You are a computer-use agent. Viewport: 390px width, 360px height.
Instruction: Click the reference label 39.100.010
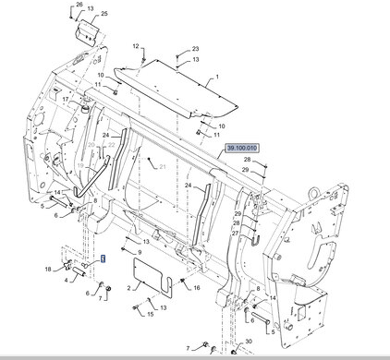pyautogui.click(x=241, y=149)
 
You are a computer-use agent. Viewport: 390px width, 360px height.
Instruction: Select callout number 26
pyautogui.click(x=79, y=5)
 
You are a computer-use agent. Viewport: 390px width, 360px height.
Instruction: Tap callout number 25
pyautogui.click(x=104, y=14)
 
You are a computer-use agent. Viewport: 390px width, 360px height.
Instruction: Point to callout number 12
pyautogui.click(x=136, y=46)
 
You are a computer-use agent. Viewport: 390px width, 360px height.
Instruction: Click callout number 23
pyautogui.click(x=196, y=49)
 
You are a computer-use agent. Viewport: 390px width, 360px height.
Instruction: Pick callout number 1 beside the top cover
pyautogui.click(x=217, y=77)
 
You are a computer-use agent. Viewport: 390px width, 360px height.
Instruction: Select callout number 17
pyautogui.click(x=66, y=100)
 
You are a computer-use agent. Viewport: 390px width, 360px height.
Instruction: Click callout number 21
pyautogui.click(x=163, y=167)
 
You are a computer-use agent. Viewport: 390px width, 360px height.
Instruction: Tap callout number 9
pyautogui.click(x=140, y=253)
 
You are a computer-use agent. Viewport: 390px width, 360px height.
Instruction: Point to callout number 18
pyautogui.click(x=48, y=270)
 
